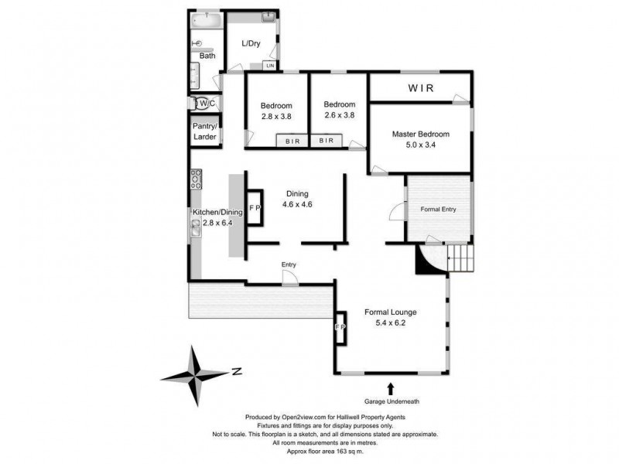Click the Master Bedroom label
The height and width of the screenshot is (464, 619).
(420, 134)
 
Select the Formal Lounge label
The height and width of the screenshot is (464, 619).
(391, 312)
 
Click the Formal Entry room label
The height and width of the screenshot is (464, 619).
(438, 210)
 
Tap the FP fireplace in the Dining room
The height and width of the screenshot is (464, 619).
(255, 209)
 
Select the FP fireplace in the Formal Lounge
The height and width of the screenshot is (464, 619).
(339, 326)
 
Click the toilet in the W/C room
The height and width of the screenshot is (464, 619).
(203, 104)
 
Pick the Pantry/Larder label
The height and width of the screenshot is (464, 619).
(205, 131)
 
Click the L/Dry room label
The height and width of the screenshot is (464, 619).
(251, 44)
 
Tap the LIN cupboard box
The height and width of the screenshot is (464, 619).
(270, 66)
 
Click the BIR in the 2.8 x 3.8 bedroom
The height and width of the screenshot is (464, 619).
(292, 141)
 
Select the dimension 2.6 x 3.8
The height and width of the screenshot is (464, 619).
(339, 116)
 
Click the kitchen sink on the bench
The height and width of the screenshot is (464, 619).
(196, 225)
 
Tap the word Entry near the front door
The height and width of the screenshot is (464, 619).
(289, 265)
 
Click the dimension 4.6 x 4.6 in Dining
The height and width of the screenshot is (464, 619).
(297, 204)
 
